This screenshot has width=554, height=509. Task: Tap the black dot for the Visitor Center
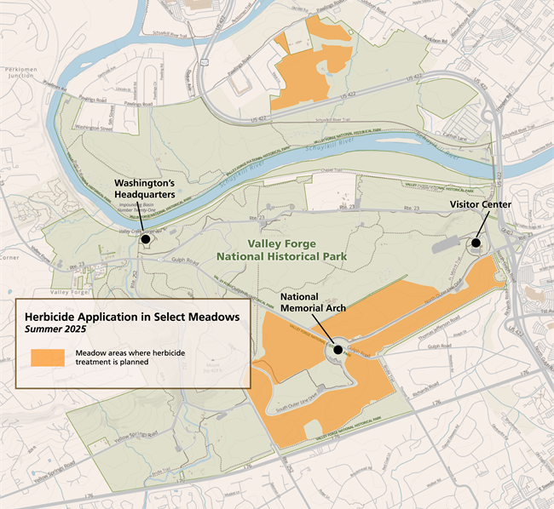coord(476,243)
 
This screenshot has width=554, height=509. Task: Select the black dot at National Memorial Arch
coord(338,350)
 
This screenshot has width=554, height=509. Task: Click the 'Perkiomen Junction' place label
coord(19,71)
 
